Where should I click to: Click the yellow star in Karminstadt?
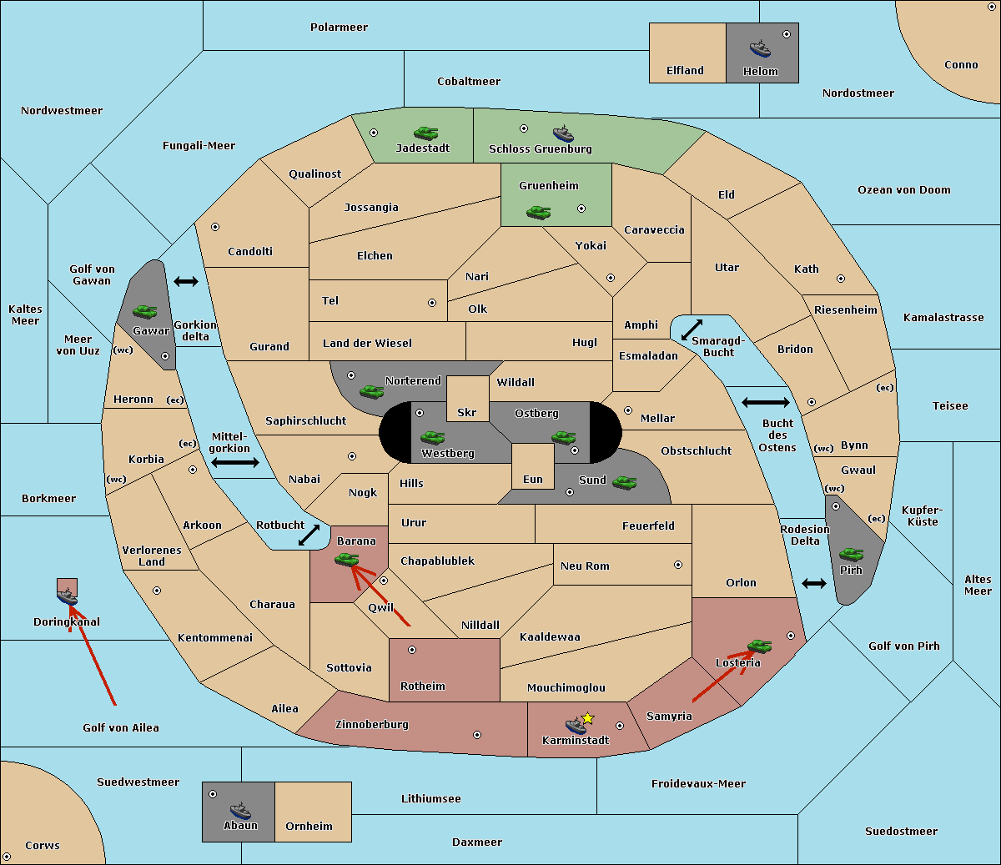pos(587,718)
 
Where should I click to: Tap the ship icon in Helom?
pos(760,49)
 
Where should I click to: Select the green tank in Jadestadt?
pos(425,133)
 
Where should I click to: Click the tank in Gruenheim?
pos(539,212)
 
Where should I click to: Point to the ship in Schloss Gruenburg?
pos(563,133)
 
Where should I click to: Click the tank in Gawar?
pos(145,311)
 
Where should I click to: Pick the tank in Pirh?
pos(851,554)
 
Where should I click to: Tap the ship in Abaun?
pos(241,811)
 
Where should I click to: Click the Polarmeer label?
pos(339,28)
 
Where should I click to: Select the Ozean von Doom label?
pos(903,190)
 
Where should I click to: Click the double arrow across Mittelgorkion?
pos(235,462)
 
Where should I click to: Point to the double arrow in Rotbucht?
pos(309,535)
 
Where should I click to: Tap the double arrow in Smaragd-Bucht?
pos(692,329)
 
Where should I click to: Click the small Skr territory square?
pos(467,399)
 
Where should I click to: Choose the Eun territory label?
pos(533,479)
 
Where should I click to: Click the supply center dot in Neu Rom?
pos(678,565)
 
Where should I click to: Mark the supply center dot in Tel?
pos(432,303)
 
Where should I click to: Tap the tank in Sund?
pos(624,482)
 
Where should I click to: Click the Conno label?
pos(961,65)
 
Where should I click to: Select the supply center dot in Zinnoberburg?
pos(477,735)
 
